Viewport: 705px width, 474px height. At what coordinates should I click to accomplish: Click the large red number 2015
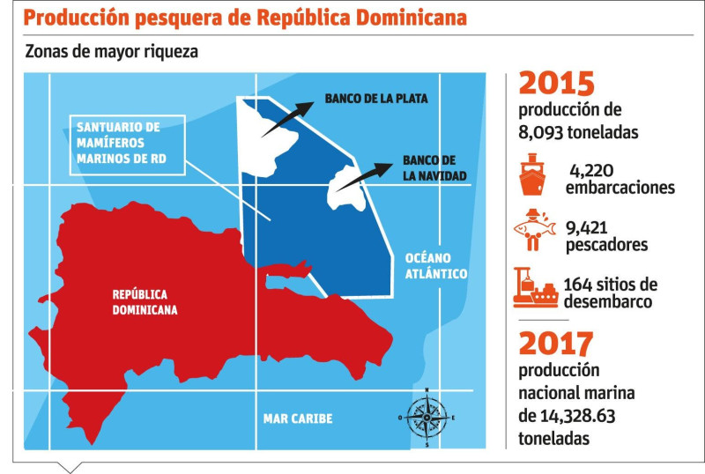click(x=557, y=85)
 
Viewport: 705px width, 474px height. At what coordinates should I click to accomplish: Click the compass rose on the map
click(x=427, y=417)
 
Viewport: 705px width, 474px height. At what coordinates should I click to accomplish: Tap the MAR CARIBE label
click(x=298, y=418)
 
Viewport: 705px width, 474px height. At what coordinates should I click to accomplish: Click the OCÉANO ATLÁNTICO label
click(x=435, y=265)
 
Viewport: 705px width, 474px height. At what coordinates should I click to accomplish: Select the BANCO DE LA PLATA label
click(x=376, y=99)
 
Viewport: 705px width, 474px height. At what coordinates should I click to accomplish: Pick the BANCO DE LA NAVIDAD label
click(x=429, y=167)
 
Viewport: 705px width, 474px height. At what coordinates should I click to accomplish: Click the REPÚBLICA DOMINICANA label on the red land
click(x=145, y=302)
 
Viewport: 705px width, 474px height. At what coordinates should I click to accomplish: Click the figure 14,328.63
click(x=584, y=414)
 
